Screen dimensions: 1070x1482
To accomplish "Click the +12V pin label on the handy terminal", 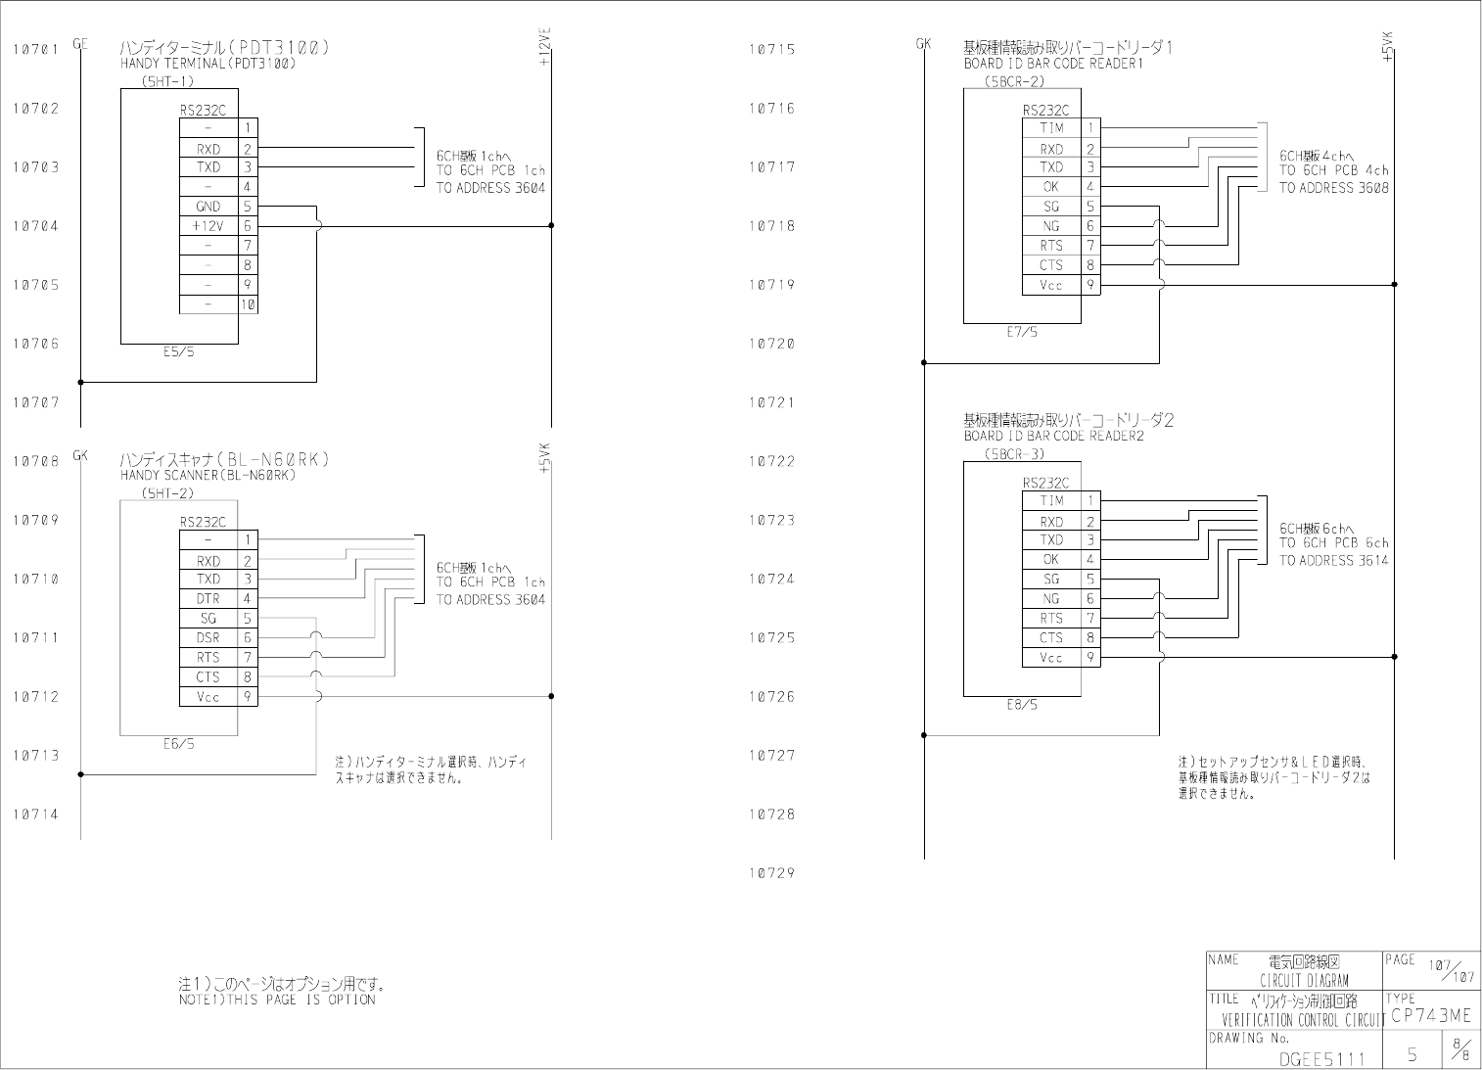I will (208, 226).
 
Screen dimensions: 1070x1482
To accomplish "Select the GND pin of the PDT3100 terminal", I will (208, 207).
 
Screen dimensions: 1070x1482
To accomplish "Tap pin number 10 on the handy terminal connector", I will (248, 304).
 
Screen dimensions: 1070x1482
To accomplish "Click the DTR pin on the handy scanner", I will (208, 599).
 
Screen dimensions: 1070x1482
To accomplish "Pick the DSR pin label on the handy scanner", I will (208, 638).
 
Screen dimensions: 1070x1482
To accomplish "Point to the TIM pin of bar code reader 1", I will (1051, 128).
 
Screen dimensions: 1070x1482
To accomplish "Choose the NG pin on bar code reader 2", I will (1051, 599).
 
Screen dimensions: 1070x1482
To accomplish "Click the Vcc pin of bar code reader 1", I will (1051, 285).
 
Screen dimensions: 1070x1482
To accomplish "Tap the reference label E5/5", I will (179, 352).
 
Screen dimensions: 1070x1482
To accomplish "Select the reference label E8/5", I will (1022, 705).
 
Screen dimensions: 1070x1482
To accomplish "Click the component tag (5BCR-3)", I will (1015, 454).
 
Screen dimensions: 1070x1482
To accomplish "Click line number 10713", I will (36, 756).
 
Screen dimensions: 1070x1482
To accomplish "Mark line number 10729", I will (771, 873).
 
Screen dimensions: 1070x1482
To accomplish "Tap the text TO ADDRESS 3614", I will (1333, 561).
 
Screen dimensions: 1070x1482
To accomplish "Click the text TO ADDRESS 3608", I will (1333, 188).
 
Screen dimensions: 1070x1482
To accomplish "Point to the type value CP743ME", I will (1430, 1016).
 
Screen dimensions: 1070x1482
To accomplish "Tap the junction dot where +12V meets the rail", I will (551, 226).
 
